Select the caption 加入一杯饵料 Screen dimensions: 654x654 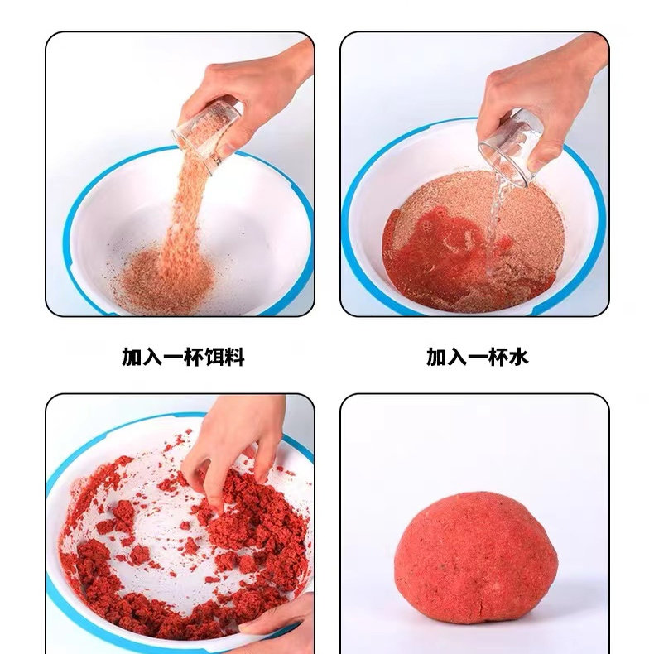tap(183, 357)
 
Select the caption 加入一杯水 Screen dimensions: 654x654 tap(478, 357)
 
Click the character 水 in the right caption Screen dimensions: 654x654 tap(518, 357)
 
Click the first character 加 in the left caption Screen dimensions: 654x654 tap(132, 357)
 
